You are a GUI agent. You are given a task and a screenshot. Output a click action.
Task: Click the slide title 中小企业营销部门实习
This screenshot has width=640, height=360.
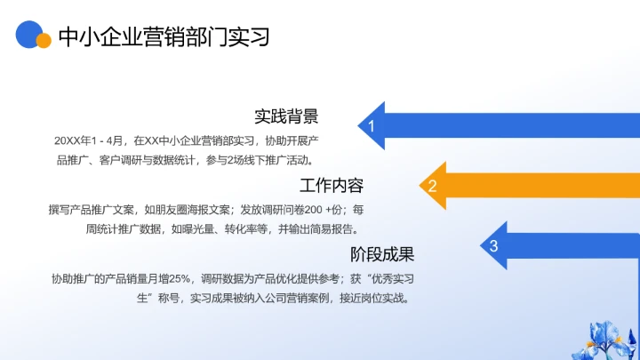pos(163,36)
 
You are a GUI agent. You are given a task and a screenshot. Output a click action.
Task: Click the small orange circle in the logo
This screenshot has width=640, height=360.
pos(44,41)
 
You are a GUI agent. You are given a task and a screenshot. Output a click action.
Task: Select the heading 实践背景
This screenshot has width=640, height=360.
pos(286,116)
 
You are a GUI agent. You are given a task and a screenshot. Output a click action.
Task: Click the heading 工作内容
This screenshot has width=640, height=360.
pos(332,186)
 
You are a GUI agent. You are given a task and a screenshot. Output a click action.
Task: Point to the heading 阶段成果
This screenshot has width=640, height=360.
pos(382,255)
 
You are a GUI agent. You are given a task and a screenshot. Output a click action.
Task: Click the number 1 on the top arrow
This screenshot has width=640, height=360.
pos(372,127)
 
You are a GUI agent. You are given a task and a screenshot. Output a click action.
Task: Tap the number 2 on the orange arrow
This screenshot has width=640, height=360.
pos(433,186)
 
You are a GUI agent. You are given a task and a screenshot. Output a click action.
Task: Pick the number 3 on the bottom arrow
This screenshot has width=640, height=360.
pos(494,246)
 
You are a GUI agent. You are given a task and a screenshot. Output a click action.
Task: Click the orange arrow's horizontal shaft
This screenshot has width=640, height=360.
pos(542,186)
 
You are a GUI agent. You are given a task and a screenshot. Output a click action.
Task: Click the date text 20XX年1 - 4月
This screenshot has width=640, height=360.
pos(90,140)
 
